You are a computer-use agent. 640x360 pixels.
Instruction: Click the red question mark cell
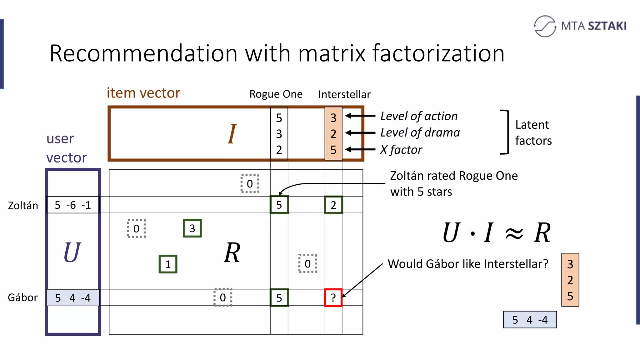point(333,297)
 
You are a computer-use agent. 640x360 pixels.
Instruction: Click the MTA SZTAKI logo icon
point(545,26)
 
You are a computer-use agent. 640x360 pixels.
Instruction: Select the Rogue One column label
point(276,94)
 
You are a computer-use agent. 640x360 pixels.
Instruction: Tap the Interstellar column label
point(344,94)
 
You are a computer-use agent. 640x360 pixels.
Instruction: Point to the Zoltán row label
point(23,206)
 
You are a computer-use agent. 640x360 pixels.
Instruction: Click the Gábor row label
point(22,297)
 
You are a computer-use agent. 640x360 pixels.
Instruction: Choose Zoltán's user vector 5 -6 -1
point(72,205)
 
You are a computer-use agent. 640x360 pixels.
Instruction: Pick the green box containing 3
point(192,228)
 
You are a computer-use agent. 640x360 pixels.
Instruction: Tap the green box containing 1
point(168,264)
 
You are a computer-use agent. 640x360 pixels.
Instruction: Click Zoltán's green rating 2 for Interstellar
point(333,205)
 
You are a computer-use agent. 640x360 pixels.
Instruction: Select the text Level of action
point(419,116)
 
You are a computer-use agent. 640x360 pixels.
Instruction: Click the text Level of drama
point(420,133)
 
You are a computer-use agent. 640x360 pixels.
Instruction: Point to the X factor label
point(401,150)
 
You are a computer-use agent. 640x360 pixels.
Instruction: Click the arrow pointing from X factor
point(360,149)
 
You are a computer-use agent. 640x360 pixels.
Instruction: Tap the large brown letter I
point(232,134)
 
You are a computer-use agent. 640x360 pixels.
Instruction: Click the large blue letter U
point(72,252)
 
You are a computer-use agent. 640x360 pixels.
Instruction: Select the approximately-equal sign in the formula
point(514,233)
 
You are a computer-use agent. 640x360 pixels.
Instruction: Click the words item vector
point(143,93)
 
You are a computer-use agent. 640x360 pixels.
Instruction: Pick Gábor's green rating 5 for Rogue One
point(279,297)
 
